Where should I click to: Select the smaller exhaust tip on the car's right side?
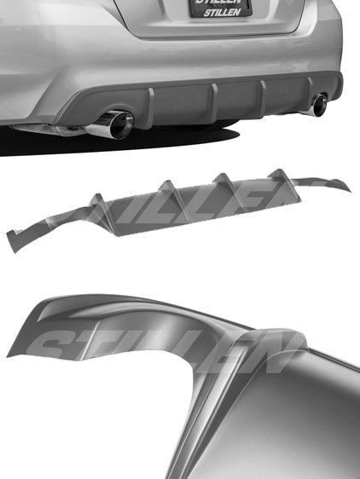(x=320, y=106)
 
